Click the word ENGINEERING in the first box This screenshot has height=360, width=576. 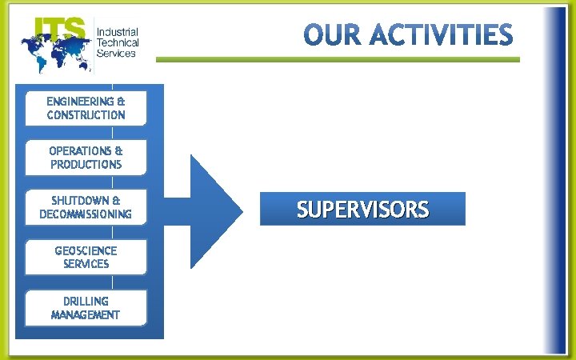tap(80, 102)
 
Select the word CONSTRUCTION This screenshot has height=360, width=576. tap(86, 115)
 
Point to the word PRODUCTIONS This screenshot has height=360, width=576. tap(86, 165)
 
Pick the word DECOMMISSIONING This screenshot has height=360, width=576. tap(86, 214)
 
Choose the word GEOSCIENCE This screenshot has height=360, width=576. tap(86, 250)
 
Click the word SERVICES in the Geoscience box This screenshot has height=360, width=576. tap(86, 264)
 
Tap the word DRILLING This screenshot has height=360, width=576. tap(86, 301)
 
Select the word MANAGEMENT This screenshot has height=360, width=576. tap(86, 315)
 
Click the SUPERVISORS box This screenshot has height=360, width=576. tap(362, 210)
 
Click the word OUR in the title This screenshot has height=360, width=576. tap(331, 36)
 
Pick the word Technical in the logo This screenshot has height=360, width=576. tap(118, 42)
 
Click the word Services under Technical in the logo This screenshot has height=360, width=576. tap(116, 53)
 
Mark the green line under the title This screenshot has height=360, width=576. tap(337, 59)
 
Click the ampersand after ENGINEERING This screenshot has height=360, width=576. tap(121, 102)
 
